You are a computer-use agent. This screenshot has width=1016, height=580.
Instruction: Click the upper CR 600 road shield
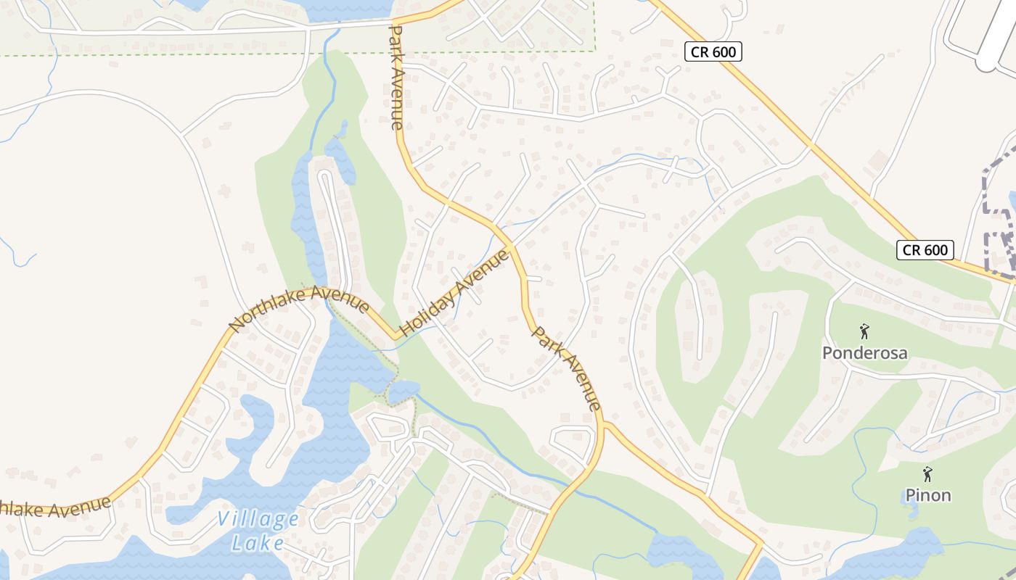[x=713, y=51]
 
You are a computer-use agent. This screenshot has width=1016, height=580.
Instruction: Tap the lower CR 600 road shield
[x=925, y=250]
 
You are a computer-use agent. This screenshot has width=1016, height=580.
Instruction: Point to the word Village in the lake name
[x=258, y=520]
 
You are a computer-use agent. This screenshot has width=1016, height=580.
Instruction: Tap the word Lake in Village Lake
[x=258, y=542]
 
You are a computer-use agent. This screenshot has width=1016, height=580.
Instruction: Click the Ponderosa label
[x=864, y=353]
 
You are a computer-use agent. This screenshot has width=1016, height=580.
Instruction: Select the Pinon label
[x=927, y=495]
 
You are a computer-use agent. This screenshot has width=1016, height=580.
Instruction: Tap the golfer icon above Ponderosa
[x=864, y=332]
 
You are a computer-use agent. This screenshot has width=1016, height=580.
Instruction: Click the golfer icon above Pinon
[x=927, y=474]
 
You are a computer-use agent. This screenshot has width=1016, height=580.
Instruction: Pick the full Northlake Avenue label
[x=299, y=307]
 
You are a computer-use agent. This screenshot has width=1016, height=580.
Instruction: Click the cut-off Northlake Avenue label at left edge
[x=54, y=507]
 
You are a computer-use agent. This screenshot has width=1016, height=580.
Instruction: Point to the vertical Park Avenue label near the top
[x=396, y=78]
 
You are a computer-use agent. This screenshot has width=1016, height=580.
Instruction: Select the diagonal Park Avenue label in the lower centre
[x=567, y=368]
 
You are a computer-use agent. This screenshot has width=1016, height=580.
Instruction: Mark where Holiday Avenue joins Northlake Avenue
[x=398, y=337]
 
